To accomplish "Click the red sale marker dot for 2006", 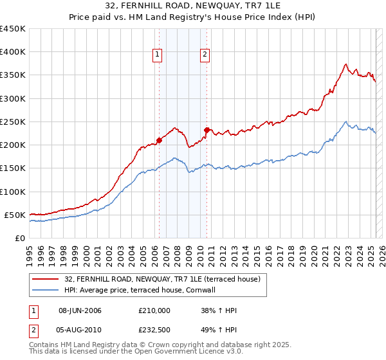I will coord(159,140).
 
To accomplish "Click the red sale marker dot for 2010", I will coord(207,130).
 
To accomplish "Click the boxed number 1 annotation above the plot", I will coord(158,55).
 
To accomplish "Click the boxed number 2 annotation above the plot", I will coord(205,55).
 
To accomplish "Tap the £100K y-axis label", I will coord(12,192).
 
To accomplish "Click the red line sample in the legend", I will coord(45,279).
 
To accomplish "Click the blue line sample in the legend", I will coord(45,291).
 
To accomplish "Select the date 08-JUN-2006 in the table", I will coord(80,310).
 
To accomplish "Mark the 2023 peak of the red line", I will coord(346,64).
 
